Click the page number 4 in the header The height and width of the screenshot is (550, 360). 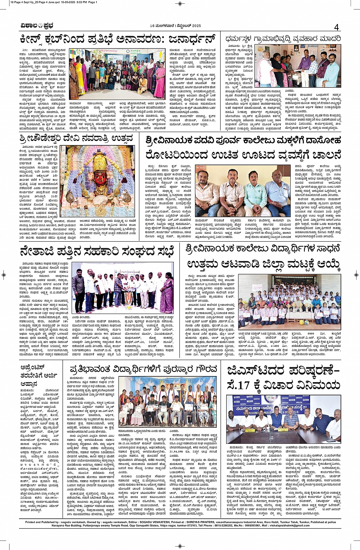336,27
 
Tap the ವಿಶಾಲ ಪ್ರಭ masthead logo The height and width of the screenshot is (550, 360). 37,26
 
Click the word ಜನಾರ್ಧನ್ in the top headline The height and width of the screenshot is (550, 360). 186,39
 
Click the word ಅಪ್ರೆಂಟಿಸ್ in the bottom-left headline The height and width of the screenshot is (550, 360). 37,368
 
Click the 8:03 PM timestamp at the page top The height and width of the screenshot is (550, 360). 80,2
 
